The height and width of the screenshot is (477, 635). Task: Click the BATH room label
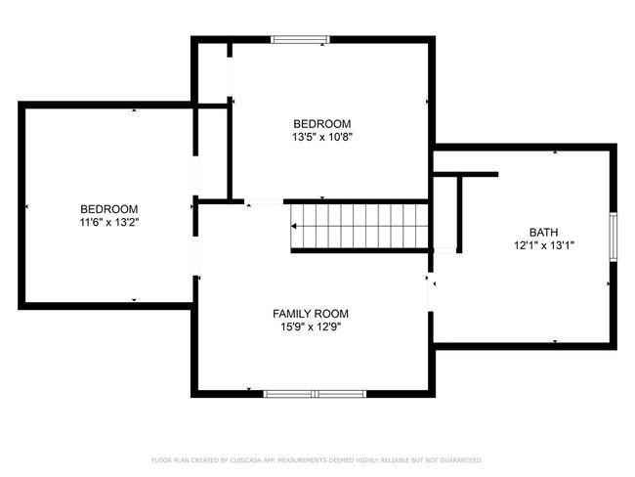coord(543,233)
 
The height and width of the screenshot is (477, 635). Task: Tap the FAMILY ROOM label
coord(311,314)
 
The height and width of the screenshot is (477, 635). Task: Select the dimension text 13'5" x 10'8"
coord(322,137)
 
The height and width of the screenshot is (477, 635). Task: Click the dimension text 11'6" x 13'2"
coord(109,222)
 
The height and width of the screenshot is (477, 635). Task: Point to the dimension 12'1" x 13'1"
coord(544,245)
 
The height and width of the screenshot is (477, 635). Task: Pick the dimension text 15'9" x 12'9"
coord(311,326)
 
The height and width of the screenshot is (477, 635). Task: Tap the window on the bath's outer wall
coord(614,237)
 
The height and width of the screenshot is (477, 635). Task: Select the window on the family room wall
coord(315,394)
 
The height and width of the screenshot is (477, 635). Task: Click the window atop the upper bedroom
coord(300,39)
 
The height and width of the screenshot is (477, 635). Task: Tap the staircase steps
coord(360,226)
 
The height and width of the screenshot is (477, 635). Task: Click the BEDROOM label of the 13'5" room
coord(322,123)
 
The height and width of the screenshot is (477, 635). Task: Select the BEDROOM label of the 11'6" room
coord(109,209)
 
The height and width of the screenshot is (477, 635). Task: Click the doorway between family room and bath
coord(431,292)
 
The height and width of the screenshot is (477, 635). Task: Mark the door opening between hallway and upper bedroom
coord(264,201)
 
